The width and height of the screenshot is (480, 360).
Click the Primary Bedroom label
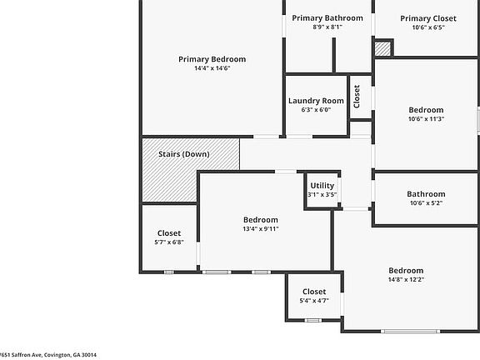[x=212, y=59]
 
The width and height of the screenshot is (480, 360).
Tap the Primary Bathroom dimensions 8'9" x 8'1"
[x=327, y=27]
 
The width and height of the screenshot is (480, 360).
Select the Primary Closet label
[x=427, y=18]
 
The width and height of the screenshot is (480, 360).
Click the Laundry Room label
[x=316, y=101]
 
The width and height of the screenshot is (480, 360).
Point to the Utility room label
[x=322, y=186]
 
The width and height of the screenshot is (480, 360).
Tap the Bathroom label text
[x=426, y=194]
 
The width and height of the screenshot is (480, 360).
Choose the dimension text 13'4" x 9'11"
[x=260, y=228]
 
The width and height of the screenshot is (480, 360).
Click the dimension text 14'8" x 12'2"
[x=406, y=280]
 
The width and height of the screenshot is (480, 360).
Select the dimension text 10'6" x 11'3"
[x=426, y=119]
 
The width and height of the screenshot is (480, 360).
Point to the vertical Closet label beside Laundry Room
[x=357, y=97]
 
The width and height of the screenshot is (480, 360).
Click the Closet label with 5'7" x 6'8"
[x=168, y=233]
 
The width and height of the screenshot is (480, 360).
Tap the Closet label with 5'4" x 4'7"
[x=314, y=292]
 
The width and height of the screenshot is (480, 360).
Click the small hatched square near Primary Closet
[x=382, y=49]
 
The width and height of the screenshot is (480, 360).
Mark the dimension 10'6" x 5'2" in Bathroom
[x=426, y=203]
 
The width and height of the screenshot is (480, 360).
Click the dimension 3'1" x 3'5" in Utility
[x=322, y=195]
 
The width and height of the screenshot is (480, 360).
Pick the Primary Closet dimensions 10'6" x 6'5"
[x=427, y=27]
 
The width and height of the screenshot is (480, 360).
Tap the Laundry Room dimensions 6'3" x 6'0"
[x=316, y=110]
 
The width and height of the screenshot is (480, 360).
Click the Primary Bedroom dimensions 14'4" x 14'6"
[x=212, y=68]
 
